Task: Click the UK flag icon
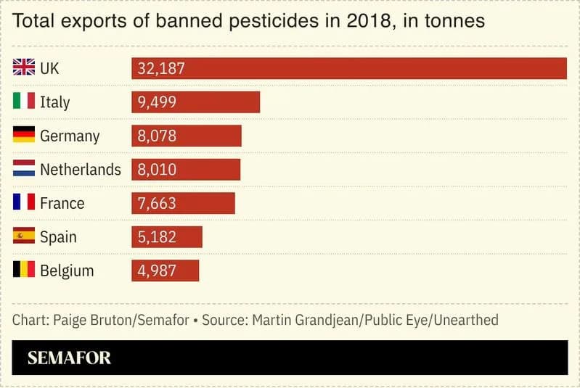pos(24,68)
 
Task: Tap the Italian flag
pos(24,102)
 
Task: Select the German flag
pos(24,136)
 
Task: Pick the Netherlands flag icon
pos(24,169)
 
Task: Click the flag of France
pos(24,203)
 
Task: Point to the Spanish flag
pos(24,236)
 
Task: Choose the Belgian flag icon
pos(24,271)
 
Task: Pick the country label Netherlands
pos(80,170)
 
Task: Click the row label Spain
pos(58,237)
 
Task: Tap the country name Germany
pos(70,136)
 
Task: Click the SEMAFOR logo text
pos(69,358)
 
